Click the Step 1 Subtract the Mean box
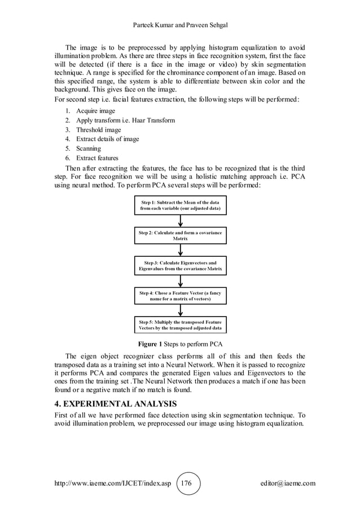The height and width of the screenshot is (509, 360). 180,205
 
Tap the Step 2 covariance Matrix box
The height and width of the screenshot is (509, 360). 180,235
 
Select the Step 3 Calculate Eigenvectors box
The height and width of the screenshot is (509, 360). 180,266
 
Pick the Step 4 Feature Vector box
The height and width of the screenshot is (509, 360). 180,296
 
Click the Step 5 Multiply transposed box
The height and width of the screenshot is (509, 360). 180,325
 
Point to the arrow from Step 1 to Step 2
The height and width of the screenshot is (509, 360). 180,221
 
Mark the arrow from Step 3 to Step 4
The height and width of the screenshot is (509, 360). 180,281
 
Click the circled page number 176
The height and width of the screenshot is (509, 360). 188,483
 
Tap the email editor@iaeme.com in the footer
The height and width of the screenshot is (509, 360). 284,483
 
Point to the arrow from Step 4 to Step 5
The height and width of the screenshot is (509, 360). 180,311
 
